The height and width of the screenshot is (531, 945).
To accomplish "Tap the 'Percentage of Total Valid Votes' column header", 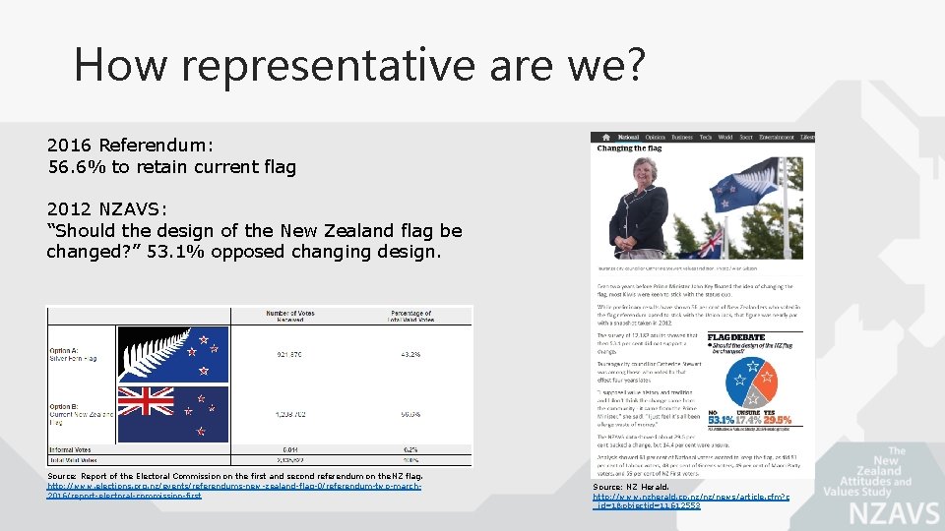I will tap(410, 317).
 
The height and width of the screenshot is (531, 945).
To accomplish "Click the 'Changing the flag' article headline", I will tap(629, 148).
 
